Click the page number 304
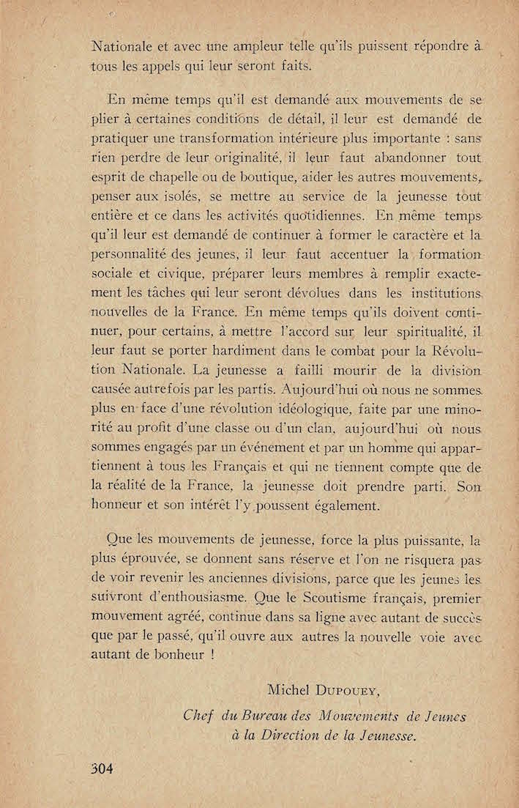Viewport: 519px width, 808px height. point(101,768)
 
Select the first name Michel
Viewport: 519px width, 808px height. point(290,689)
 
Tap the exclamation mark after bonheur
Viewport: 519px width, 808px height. point(212,654)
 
